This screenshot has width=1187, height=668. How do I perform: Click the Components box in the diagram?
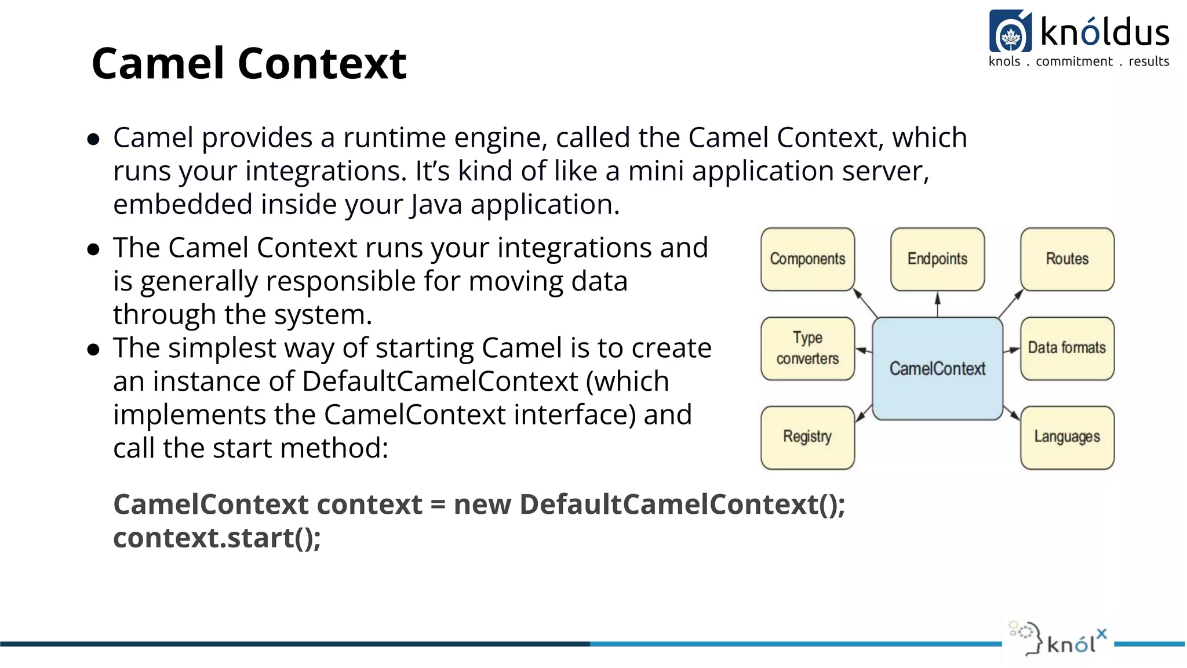click(x=807, y=259)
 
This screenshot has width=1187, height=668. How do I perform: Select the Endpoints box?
click(x=937, y=259)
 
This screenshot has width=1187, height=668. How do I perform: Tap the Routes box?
click(x=1067, y=259)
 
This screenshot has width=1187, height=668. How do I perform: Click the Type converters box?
click(x=807, y=348)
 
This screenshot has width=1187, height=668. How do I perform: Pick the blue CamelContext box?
click(x=937, y=369)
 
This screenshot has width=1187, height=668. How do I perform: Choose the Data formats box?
click(x=1067, y=348)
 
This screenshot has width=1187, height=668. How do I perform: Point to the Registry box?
click(x=807, y=437)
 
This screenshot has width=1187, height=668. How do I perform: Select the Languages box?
click(x=1067, y=437)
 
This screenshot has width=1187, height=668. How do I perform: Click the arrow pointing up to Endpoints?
click(x=937, y=305)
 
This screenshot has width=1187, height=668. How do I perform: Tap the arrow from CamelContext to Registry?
click(x=864, y=413)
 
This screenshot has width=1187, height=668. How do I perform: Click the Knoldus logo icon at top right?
click(x=1010, y=32)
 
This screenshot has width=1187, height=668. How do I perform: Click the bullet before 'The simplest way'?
click(x=93, y=350)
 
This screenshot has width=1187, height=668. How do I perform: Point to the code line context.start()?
click(x=217, y=538)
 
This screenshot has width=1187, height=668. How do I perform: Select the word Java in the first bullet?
click(x=436, y=205)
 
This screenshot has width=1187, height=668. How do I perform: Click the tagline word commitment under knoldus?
click(x=1074, y=61)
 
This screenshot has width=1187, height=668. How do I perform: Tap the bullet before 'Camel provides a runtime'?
click(x=93, y=139)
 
